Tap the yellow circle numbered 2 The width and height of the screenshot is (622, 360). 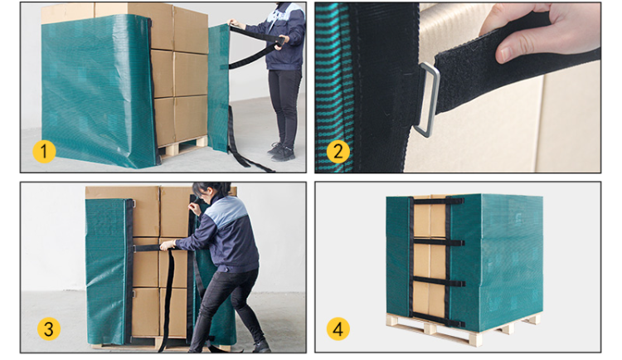click(x=337, y=152)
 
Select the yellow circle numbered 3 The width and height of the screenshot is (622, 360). click(x=48, y=329)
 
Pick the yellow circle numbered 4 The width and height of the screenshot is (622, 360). click(x=337, y=329)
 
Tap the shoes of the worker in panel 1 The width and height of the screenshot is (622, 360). click(x=281, y=153)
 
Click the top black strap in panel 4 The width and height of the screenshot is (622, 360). click(x=429, y=202)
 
